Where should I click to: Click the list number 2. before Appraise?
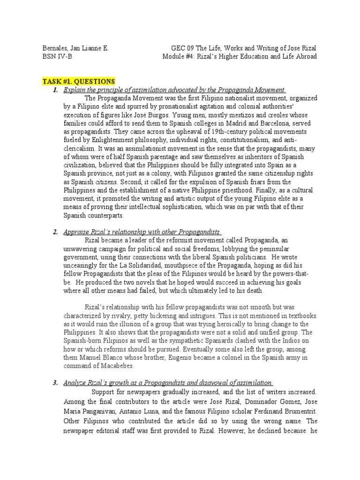[55, 232]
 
